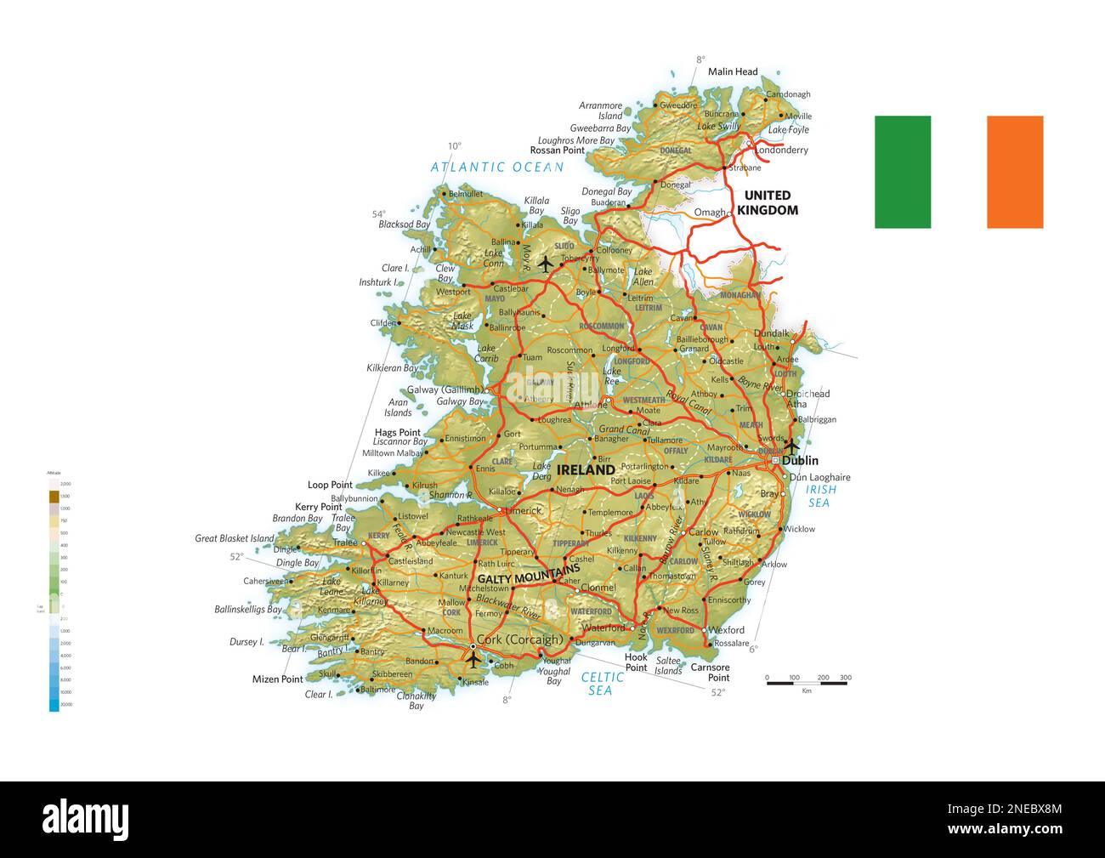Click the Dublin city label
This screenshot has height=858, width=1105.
(x=800, y=460)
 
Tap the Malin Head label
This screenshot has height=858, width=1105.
(x=732, y=71)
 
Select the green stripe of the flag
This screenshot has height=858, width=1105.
(x=902, y=172)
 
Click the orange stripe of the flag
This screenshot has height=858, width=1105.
(x=1014, y=172)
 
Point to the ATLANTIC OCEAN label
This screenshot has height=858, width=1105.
(x=496, y=167)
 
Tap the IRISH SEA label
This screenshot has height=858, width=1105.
(x=820, y=496)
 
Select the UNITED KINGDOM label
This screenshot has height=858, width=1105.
(x=768, y=202)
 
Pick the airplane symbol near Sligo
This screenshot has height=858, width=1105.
(x=545, y=264)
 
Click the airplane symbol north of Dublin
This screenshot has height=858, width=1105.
(x=791, y=445)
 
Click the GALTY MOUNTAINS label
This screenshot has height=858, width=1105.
(x=528, y=575)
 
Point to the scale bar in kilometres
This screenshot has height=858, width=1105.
(x=808, y=682)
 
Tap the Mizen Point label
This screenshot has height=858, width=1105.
(x=277, y=679)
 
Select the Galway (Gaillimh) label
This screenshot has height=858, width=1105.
(x=445, y=389)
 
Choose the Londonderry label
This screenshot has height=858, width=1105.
(x=781, y=150)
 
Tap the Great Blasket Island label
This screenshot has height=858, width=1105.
(x=235, y=538)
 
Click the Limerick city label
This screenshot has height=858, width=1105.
(x=524, y=510)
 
